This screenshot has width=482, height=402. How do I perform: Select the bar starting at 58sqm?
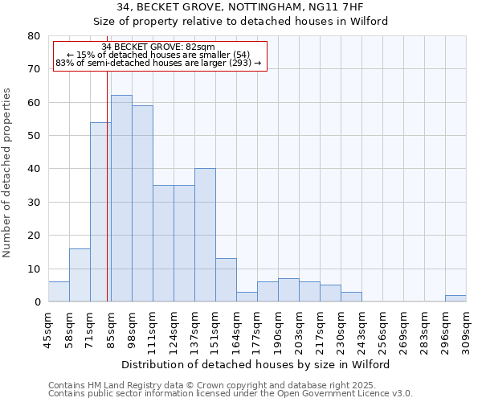[x=80, y=275]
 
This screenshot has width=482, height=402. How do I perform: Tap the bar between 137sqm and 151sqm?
[x=205, y=235]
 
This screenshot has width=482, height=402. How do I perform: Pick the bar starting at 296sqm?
[x=455, y=298]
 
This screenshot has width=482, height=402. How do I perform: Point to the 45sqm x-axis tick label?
[x=49, y=330]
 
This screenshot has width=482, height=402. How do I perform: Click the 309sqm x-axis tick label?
[x=467, y=330]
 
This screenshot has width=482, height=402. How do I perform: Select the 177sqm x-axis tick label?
[x=258, y=330]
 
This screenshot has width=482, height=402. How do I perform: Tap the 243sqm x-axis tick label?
[x=362, y=330]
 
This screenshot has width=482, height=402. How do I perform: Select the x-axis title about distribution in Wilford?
[x=256, y=364]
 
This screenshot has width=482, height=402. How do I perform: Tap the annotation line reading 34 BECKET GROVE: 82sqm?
[x=158, y=47]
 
